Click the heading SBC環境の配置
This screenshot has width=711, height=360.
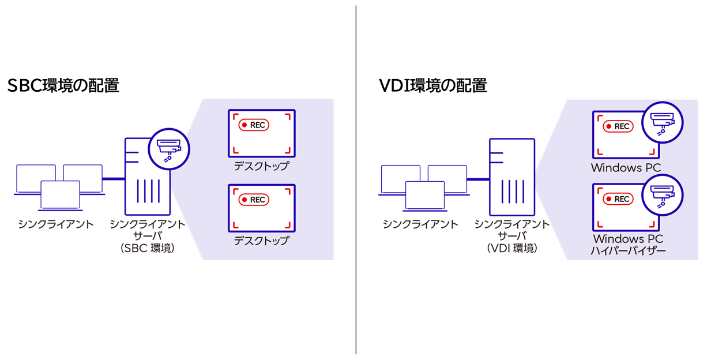tap(63, 86)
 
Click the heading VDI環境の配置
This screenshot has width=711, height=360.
tap(433, 86)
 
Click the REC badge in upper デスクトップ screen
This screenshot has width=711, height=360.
tap(254, 125)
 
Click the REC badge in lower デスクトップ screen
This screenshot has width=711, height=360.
tap(254, 200)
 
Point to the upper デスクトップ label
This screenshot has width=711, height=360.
tap(261, 167)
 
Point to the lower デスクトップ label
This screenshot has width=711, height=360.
tap(261, 241)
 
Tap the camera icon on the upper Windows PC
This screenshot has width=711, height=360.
tap(663, 122)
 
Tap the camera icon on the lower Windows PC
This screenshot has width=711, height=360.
tap(663, 195)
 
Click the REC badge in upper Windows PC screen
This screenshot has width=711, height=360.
tap(618, 126)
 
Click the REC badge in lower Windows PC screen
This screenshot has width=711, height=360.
tap(618, 199)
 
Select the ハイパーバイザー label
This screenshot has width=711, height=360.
tap(628, 251)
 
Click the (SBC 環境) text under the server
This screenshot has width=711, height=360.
tap(148, 249)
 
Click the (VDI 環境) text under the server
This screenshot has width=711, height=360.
tap(511, 249)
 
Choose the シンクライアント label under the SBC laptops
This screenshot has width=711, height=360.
tap(55, 224)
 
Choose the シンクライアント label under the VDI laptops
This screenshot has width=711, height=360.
tap(420, 224)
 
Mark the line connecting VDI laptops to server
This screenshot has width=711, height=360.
tap(477, 179)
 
